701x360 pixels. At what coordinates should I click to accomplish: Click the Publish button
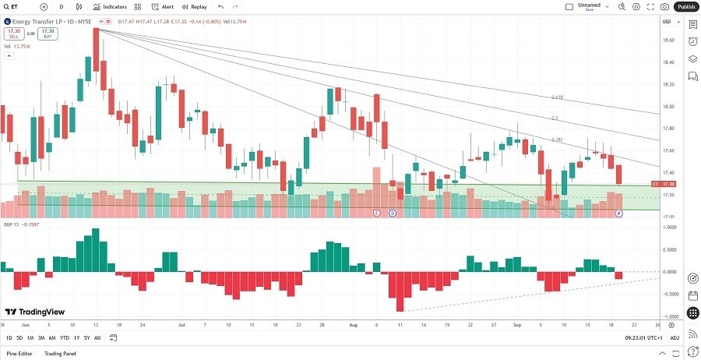click(686, 6)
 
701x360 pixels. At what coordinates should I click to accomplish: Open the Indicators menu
click(110, 6)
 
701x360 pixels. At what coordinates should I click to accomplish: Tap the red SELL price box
click(12, 34)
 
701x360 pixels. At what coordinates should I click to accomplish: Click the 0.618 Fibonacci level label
click(556, 97)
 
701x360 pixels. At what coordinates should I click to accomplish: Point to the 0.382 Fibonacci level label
click(557, 139)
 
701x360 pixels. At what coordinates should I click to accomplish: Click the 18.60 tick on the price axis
click(668, 40)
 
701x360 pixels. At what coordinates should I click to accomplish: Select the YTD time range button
click(64, 337)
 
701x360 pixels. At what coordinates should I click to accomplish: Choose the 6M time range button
click(51, 337)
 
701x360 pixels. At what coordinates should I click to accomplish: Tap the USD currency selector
click(667, 21)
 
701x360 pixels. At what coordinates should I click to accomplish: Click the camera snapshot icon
click(664, 6)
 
